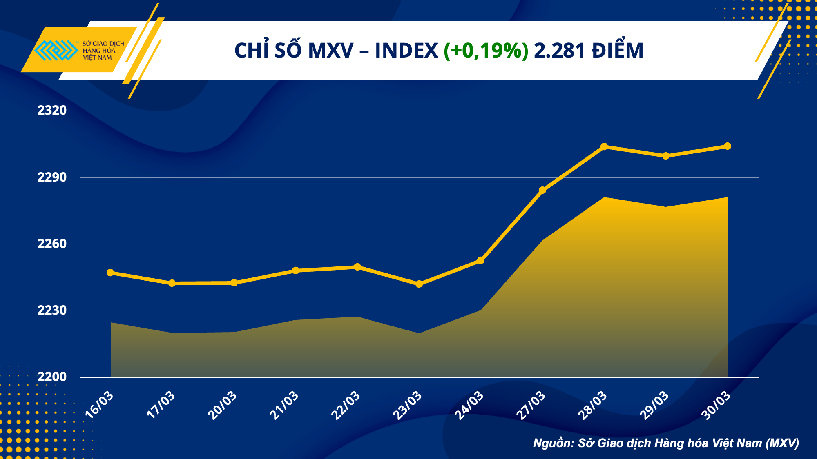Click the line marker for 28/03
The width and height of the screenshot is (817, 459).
pos(604,146)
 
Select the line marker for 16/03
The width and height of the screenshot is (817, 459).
pos(110,273)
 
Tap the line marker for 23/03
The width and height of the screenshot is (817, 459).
pos(419,284)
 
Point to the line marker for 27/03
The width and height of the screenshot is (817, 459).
pos(542,190)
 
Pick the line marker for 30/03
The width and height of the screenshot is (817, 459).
pos(728,146)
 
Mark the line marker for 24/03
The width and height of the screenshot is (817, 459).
pos(481,260)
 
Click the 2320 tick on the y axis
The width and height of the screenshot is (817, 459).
pos(52,111)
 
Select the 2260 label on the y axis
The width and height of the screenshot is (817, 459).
pos(52,244)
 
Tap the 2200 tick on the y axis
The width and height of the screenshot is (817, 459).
pos(52,377)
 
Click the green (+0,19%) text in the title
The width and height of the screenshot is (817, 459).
pos(486,51)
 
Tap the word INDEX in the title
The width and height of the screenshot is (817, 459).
pos(406,51)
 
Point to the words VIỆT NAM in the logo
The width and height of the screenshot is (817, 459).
pos(97,58)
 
